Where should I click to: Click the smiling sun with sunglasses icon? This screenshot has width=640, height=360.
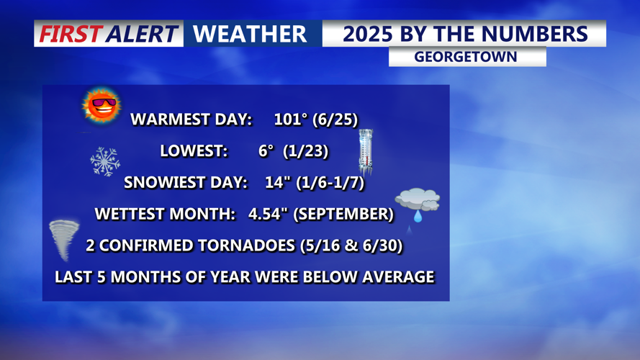[x=101, y=106]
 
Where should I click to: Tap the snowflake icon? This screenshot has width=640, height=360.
[x=105, y=161]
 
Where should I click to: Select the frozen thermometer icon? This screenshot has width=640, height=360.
[x=366, y=153]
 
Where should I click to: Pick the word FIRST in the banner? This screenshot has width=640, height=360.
[x=69, y=34]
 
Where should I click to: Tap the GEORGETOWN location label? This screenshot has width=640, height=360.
[x=467, y=57]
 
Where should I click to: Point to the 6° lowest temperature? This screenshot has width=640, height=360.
[x=266, y=151]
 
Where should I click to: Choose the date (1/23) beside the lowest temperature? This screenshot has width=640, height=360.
[x=306, y=151]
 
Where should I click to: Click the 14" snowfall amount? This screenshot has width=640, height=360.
[x=276, y=183]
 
